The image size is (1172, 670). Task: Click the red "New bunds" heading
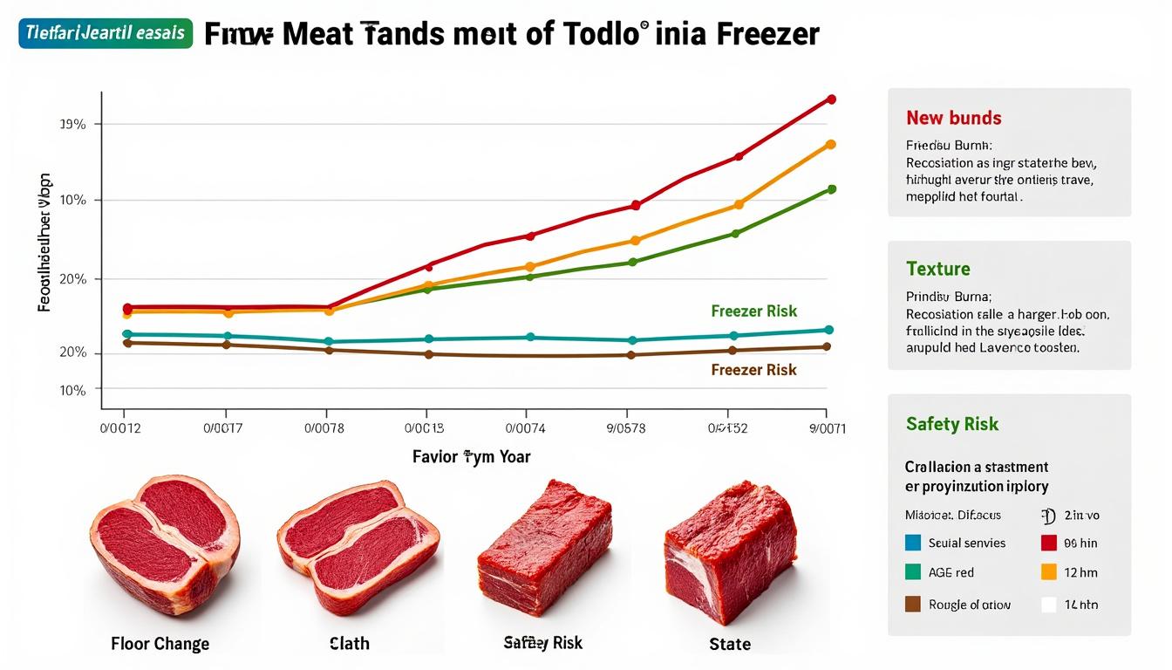click(x=953, y=118)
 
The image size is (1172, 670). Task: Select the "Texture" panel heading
click(x=937, y=269)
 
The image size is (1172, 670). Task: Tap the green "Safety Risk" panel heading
click(x=951, y=424)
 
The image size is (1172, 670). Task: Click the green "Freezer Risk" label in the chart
click(x=753, y=311)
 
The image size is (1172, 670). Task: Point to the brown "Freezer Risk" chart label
click(x=753, y=370)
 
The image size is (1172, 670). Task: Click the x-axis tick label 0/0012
click(x=121, y=428)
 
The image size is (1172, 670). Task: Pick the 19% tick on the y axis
click(x=73, y=125)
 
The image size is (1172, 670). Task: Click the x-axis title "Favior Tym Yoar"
click(x=471, y=456)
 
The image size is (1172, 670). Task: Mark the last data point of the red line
click(x=831, y=99)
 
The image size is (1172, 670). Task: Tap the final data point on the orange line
click(x=830, y=145)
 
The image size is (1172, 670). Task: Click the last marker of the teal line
click(x=828, y=330)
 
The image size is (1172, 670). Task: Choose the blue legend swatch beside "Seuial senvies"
click(x=914, y=543)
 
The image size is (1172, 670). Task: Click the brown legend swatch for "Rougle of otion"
click(x=914, y=604)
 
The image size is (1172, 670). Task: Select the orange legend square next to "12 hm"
click(x=1049, y=572)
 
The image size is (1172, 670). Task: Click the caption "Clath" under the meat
click(x=349, y=644)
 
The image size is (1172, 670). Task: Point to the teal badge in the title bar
click(x=105, y=32)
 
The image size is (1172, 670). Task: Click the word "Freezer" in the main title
click(x=768, y=34)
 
